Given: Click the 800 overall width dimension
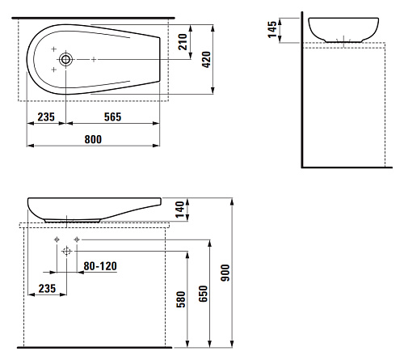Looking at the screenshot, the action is pyautogui.click(x=93, y=139).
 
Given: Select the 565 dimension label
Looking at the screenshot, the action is pyautogui.click(x=112, y=117).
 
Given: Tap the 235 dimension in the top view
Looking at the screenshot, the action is pyautogui.click(x=46, y=117).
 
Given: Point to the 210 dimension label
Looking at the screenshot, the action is pyautogui.click(x=183, y=42).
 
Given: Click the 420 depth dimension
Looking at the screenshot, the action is pyautogui.click(x=206, y=59).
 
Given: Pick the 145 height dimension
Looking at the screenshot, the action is pyautogui.click(x=272, y=29).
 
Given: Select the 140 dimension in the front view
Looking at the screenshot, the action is pyautogui.click(x=179, y=210).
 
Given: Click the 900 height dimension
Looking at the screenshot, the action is pyautogui.click(x=225, y=273).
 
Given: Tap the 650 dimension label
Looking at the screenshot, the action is pyautogui.click(x=203, y=294).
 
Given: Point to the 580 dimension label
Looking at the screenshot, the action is pyautogui.click(x=181, y=299).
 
